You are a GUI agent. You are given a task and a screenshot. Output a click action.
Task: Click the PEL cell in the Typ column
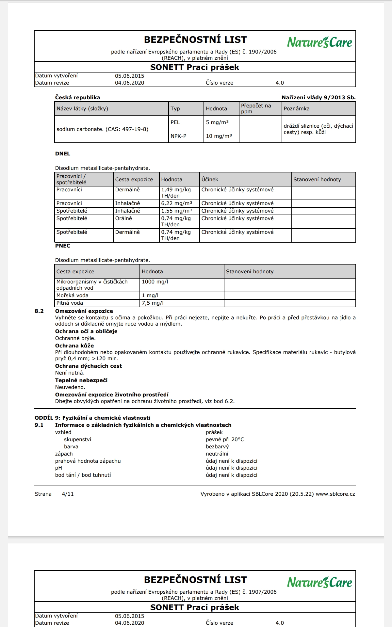[175, 122]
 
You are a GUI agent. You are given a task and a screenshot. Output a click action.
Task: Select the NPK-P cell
[178, 136]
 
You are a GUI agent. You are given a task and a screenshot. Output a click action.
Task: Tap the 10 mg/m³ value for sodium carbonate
[219, 136]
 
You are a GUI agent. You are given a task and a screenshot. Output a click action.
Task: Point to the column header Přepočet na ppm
[256, 108]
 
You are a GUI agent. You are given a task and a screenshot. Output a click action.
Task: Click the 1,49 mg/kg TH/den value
[176, 193]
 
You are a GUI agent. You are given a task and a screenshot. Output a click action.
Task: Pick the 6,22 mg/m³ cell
[176, 203]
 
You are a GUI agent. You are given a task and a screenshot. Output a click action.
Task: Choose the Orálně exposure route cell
[123, 218]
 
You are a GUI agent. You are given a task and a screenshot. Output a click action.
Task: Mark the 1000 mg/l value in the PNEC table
[155, 281]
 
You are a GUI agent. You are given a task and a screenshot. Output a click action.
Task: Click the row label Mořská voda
[72, 295]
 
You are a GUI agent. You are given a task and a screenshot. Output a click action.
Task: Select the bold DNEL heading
[62, 153]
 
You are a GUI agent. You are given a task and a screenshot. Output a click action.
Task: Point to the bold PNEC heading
[62, 246]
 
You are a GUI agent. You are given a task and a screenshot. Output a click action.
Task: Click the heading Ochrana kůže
[74, 346]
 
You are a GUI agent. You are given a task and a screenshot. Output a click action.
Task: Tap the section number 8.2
[39, 311]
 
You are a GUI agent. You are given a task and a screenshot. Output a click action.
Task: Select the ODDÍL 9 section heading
[92, 418]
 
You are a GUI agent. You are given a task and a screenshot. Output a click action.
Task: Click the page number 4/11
[68, 494]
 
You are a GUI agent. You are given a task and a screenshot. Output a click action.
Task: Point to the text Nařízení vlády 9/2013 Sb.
[318, 97]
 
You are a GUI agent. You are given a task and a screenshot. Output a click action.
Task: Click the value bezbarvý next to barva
[217, 446]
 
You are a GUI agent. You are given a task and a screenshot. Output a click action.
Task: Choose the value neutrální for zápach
[217, 454]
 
